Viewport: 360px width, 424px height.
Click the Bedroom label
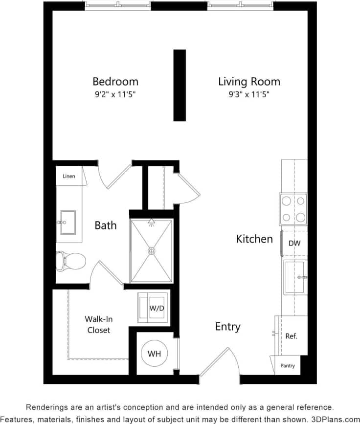click(x=115, y=81)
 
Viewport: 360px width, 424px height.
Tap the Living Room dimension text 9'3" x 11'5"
click(x=249, y=95)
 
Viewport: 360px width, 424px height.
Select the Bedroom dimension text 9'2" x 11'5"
click(x=115, y=95)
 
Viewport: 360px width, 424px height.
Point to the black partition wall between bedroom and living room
click(x=180, y=85)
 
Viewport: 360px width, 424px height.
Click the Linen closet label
click(x=69, y=176)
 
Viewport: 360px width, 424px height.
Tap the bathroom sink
click(x=67, y=223)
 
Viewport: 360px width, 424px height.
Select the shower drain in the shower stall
click(x=152, y=251)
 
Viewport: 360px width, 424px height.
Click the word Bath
click(x=106, y=225)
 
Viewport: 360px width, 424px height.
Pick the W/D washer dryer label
click(x=157, y=308)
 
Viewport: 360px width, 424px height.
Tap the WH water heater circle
click(x=155, y=354)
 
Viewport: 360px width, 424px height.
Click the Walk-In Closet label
click(x=99, y=325)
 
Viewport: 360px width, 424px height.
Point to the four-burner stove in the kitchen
click(x=293, y=209)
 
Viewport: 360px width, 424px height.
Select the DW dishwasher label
click(x=294, y=243)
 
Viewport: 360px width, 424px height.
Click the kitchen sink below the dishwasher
click(x=294, y=277)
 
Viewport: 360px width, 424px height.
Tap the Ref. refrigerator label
click(x=291, y=336)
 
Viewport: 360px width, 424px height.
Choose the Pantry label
click(x=288, y=365)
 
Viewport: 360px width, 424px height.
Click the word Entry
click(x=228, y=327)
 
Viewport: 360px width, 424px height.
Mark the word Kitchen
click(x=254, y=239)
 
